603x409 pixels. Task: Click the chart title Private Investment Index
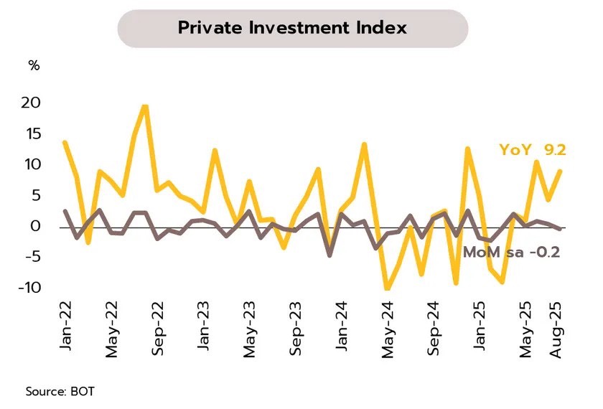pyautogui.click(x=292, y=28)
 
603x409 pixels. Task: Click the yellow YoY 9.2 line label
pyautogui.click(x=533, y=150)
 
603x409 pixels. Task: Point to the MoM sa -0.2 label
pyautogui.click(x=511, y=252)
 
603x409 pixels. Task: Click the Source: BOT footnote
pyautogui.click(x=60, y=392)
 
